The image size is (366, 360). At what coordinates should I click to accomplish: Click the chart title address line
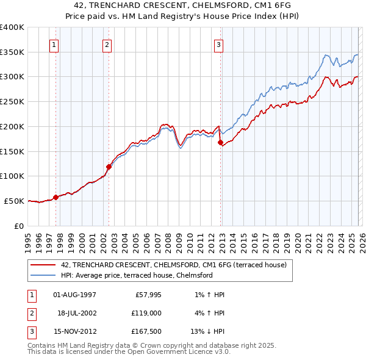coord(182,6)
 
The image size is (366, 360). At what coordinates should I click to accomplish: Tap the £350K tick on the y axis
coord(12,52)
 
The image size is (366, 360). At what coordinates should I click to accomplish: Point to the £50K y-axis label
coord(14,201)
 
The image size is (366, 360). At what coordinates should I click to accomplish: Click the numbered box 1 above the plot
coord(54,44)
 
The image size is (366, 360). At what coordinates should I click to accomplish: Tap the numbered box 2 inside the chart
coord(107,44)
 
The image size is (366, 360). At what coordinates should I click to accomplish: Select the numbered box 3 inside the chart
coord(218,44)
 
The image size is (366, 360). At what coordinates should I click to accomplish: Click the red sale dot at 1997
coord(56,197)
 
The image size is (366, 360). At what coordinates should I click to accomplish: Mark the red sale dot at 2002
coord(109,166)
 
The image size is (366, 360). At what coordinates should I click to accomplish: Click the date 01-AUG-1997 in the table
coord(74,295)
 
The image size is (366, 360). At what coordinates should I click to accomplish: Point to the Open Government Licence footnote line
coord(129,352)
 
